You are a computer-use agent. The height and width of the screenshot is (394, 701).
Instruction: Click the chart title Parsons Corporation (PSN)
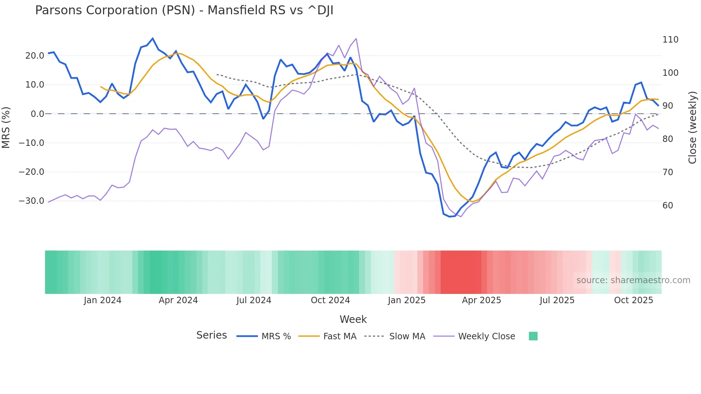pyautogui.click(x=184, y=10)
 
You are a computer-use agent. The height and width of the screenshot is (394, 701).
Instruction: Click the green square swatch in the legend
pyautogui.click(x=533, y=336)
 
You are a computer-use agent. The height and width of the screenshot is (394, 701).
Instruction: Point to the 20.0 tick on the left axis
pyautogui.click(x=35, y=56)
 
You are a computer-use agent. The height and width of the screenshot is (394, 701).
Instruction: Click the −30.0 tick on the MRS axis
pyautogui.click(x=31, y=201)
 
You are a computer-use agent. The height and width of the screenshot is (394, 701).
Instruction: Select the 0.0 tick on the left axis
pyautogui.click(x=38, y=114)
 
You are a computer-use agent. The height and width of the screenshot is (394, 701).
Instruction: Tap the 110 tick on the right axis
pyautogui.click(x=670, y=40)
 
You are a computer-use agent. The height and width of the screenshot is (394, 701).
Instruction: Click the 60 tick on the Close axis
pyautogui.click(x=668, y=206)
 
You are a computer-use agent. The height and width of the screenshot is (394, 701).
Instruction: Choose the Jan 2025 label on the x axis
pyautogui.click(x=407, y=300)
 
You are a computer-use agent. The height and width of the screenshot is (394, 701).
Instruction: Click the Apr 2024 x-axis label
pyautogui.click(x=178, y=300)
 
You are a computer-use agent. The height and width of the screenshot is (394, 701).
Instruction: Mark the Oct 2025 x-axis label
pyautogui.click(x=633, y=300)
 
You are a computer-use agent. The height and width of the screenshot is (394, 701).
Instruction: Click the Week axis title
pyautogui.click(x=353, y=319)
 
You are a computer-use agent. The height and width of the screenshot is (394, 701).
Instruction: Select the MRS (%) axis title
pyautogui.click(x=6, y=127)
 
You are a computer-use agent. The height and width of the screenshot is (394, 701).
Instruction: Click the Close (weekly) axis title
pyautogui.click(x=692, y=128)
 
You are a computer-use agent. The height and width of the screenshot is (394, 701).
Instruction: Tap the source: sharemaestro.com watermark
pyautogui.click(x=633, y=280)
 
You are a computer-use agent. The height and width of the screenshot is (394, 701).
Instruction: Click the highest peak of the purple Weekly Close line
pyautogui.click(x=356, y=39)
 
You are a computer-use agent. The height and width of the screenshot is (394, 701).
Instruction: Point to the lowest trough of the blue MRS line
pyautogui.click(x=450, y=217)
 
